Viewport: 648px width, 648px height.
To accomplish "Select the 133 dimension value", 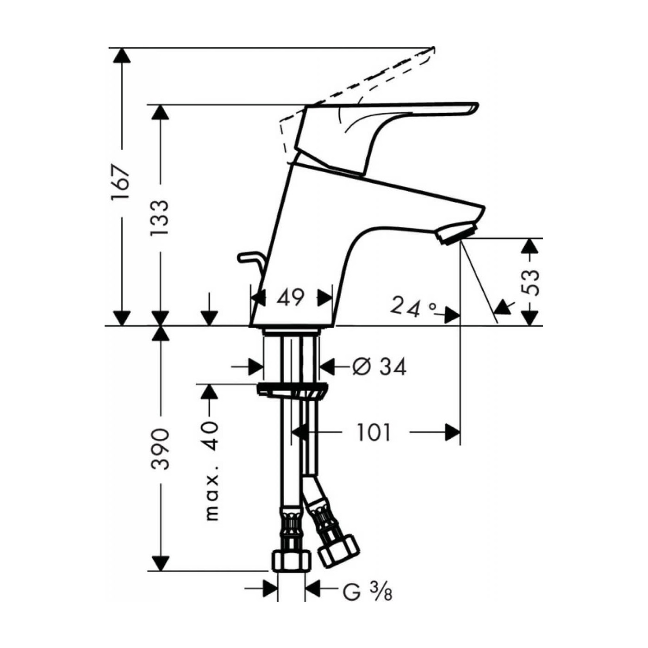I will point(160,218).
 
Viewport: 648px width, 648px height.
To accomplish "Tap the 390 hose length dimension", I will point(160,449).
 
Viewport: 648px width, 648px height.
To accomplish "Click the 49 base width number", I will point(290,297).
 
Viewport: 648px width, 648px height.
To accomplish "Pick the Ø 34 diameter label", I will point(379,367).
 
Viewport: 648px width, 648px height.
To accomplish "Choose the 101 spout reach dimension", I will point(374,433).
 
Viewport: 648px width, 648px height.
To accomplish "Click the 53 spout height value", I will point(530,282).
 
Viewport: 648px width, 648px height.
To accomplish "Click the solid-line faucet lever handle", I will point(389,120).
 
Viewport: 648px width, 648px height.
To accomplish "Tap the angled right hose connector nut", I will point(339,551).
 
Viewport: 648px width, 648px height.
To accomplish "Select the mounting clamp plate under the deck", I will point(292,390).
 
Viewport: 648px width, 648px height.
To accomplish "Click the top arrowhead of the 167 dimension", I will point(122,55).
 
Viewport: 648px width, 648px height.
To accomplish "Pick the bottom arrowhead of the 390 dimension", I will point(160,563).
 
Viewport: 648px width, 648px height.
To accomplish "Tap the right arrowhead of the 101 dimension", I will point(452,433).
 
